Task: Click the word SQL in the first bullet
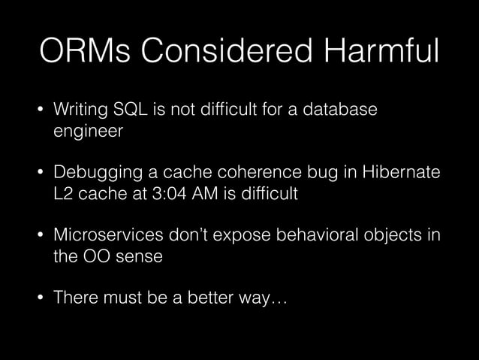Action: pyautogui.click(x=131, y=111)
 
